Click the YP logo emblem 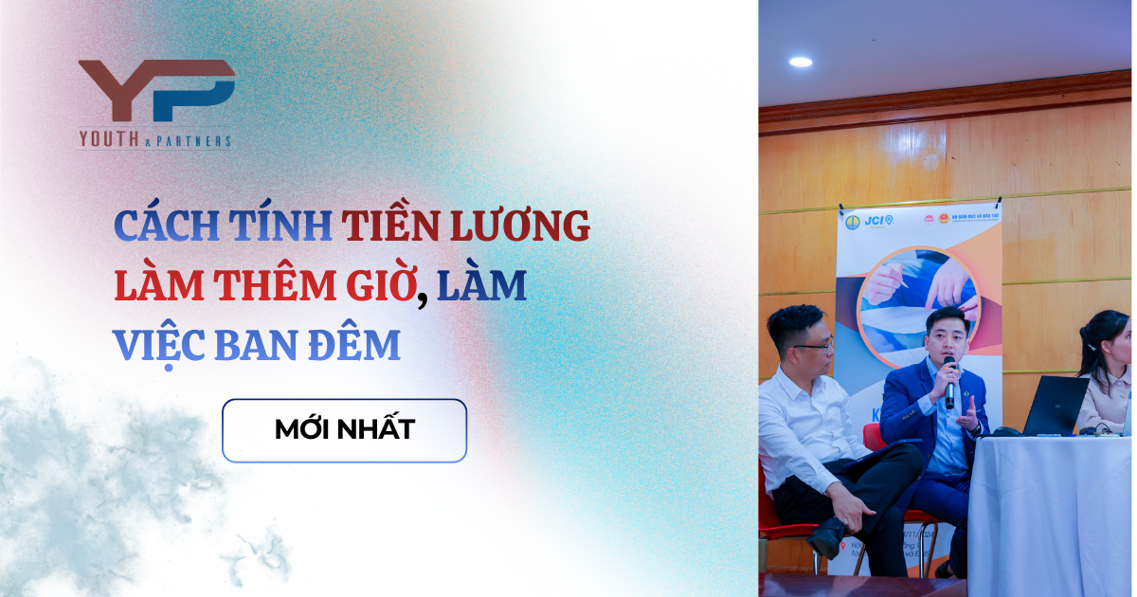(x=156, y=92)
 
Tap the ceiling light (x=801, y=63)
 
